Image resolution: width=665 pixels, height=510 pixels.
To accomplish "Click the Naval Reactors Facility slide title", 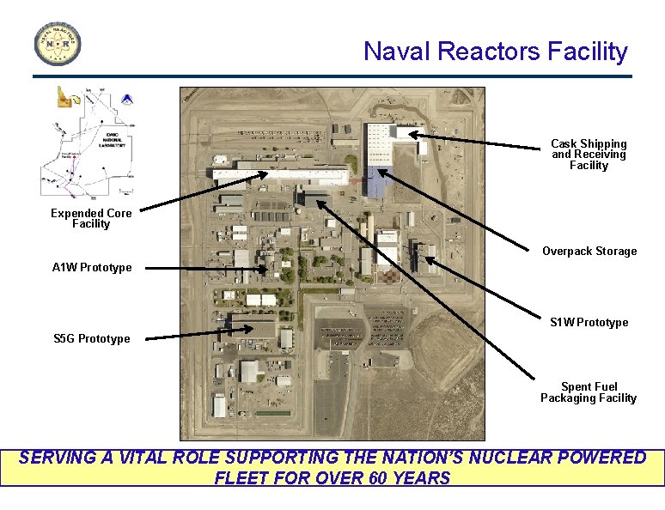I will (495, 52).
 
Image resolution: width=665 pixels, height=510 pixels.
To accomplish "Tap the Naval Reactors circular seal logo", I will (58, 43).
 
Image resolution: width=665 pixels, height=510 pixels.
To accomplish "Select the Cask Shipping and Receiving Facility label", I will (589, 155).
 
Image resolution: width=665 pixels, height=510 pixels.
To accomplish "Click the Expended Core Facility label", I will (91, 218).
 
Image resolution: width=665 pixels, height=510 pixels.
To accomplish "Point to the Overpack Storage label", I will (589, 252).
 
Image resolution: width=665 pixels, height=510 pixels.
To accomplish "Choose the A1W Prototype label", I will (92, 268).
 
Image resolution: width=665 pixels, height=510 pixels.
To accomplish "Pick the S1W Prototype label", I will (589, 323).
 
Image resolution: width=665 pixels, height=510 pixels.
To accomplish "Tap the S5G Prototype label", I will (91, 339).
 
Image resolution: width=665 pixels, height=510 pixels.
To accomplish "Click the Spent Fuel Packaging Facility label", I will (589, 392).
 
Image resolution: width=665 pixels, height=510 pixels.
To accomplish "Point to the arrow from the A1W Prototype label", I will (206, 270).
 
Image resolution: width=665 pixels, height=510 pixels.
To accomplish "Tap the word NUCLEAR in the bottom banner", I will (513, 458).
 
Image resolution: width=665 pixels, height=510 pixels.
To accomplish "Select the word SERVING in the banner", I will (57, 458).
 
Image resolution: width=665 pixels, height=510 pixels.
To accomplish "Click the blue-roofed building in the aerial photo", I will (376, 181).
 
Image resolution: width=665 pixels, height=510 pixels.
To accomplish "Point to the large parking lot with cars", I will (344, 331).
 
